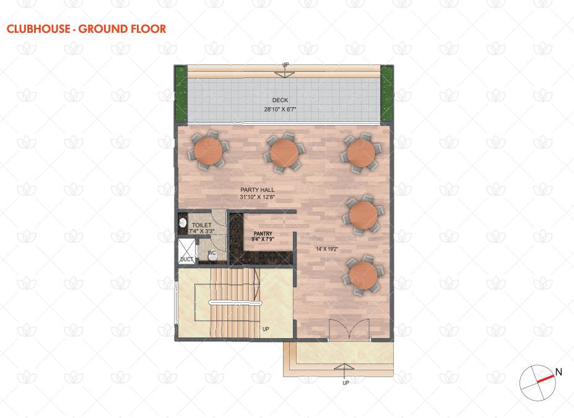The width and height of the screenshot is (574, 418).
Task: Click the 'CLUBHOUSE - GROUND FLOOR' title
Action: [87, 29]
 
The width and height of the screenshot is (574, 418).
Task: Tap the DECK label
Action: [280, 100]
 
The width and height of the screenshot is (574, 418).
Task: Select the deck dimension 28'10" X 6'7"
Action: [280, 109]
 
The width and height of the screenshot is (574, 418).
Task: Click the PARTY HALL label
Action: [258, 189]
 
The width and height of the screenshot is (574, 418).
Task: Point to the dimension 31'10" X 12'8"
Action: [258, 197]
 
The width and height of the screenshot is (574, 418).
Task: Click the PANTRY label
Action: [263, 233]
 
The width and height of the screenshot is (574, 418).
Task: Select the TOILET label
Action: [202, 225]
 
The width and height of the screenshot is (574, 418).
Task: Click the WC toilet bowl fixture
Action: [212, 256]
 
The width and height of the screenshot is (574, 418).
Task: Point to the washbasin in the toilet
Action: [182, 222]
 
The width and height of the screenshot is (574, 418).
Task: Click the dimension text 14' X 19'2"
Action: [327, 250]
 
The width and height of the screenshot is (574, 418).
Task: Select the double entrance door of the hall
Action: [349, 329]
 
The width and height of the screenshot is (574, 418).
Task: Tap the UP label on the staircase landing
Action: [266, 329]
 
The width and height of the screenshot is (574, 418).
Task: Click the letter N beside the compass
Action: [559, 372]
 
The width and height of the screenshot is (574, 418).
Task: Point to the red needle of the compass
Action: [546, 379]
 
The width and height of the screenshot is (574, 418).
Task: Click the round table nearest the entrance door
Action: [363, 276]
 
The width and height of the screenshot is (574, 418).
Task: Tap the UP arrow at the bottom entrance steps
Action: [344, 372]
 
